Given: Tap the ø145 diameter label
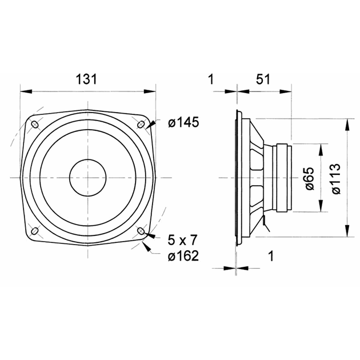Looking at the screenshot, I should pyautogui.click(x=183, y=122).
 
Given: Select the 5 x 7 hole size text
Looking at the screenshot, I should pyautogui.click(x=183, y=237).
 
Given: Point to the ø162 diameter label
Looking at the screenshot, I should pyautogui.click(x=183, y=257).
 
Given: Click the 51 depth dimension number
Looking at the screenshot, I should pyautogui.click(x=262, y=80).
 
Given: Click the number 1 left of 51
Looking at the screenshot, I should pyautogui.click(x=211, y=80).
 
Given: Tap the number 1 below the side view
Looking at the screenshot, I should pyautogui.click(x=270, y=257).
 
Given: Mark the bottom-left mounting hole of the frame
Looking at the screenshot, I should pyautogui.click(x=35, y=231).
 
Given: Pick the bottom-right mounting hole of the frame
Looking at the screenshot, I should pyautogui.click(x=141, y=231).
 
